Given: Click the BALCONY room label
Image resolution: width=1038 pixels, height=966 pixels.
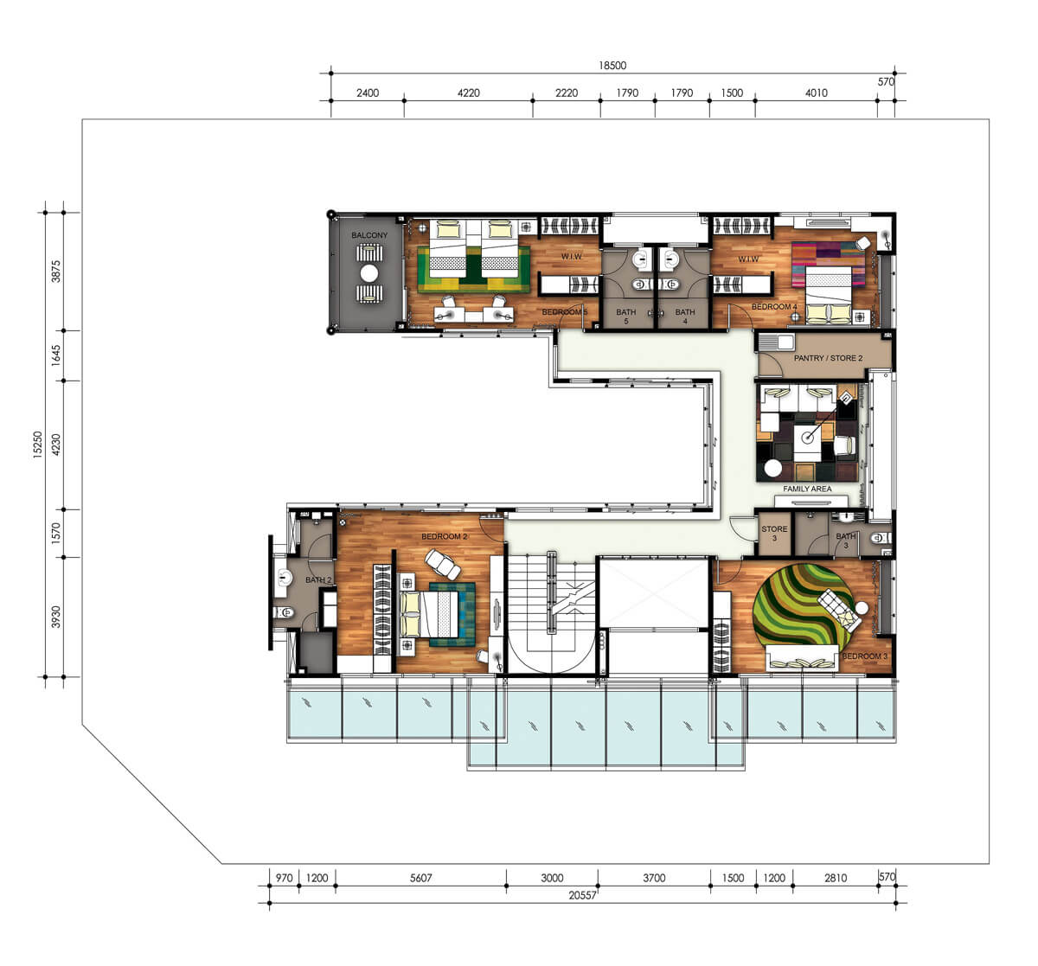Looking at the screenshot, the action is coord(369,235).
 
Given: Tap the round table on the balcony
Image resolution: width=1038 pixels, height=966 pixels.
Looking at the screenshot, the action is coord(369,273).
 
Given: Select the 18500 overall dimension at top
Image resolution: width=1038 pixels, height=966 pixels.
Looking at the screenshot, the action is coord(612,66).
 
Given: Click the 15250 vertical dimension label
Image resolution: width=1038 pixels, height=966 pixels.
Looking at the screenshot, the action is coord(38,445).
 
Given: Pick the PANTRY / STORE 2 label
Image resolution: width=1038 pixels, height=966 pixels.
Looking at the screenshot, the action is coord(828,358).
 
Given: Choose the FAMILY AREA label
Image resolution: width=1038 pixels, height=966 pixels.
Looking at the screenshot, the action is coord(807,489).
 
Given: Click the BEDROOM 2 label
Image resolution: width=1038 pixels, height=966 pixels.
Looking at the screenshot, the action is coord(445,536).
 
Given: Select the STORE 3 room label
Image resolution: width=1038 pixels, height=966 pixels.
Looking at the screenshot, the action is coord(774,534).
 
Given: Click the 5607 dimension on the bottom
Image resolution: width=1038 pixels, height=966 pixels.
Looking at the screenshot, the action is coord(420,878).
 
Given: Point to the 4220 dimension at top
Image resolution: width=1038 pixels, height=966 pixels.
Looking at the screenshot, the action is coord(468,93).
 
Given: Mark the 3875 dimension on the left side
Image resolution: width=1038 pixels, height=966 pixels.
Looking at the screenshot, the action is coord(56,272).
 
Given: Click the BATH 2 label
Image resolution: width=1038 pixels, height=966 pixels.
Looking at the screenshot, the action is coord(318,579).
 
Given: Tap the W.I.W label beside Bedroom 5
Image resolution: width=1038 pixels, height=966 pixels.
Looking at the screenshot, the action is coord(571,257).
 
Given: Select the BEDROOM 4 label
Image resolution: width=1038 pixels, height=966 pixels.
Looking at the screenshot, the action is coord(774,307).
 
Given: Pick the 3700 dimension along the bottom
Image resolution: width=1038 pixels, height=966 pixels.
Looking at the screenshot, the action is coord(654,878).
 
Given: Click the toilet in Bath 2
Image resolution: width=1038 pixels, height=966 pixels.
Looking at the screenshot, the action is coord(285,612).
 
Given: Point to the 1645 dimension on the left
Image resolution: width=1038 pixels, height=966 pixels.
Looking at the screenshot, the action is coord(56,355).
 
